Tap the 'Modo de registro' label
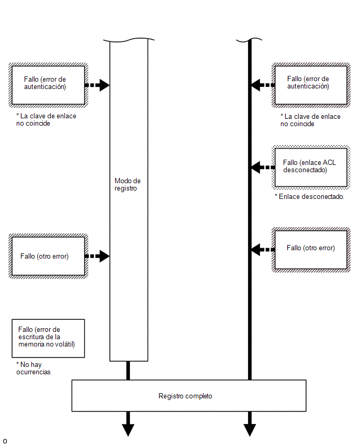pyautogui.click(x=127, y=185)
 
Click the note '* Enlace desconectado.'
pyautogui.click(x=309, y=196)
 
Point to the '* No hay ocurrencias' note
pyautogui.click(x=33, y=369)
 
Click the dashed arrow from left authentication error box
pyautogui.click(x=97, y=85)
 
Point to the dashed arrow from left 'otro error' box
pyautogui.click(x=97, y=256)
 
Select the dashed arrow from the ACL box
pyautogui.click(x=263, y=168)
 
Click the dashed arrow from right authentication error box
pyautogui.click(x=263, y=85)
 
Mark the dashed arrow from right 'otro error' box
pyautogui.click(x=263, y=250)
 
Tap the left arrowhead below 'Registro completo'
pyautogui.click(x=128, y=430)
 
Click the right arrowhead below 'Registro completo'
pyautogui.click(x=250, y=430)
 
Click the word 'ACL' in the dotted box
pyautogui.click(x=330, y=162)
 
